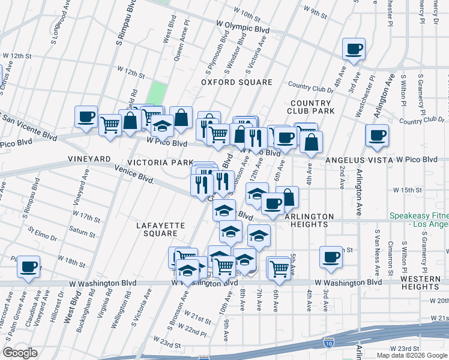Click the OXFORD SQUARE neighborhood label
coord(237,82)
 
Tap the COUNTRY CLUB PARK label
coord(310,107)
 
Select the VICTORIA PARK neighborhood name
coord(160,163)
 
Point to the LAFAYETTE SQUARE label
coord(161,230)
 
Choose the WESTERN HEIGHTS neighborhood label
coord(420,285)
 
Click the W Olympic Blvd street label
coord(243,28)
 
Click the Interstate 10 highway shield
coord(328,343)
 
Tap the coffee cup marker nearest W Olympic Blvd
coord(354,49)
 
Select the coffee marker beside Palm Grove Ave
coord(28,266)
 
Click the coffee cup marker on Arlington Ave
coord(377,136)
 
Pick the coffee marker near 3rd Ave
coord(330,257)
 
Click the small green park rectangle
coord(157,93)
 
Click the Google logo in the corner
coord(20,352)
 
